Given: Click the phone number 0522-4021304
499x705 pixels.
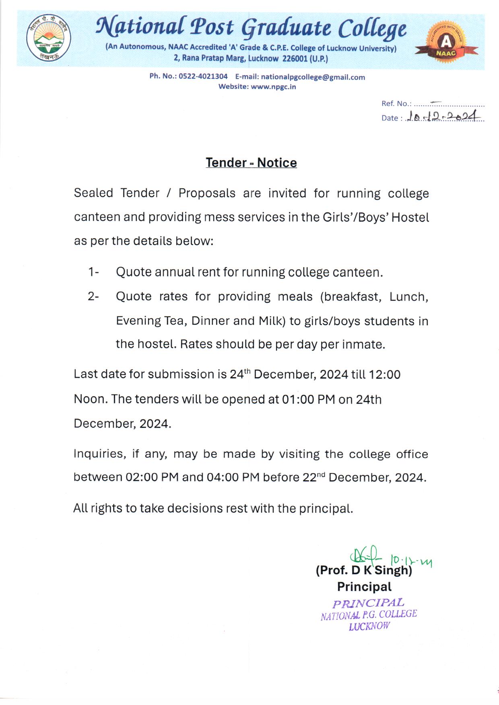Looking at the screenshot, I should (203, 76).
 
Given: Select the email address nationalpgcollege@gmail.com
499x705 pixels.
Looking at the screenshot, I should (313, 77).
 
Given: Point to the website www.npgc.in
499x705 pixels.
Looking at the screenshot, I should (273, 86).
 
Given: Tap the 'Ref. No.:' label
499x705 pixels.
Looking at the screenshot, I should (396, 103).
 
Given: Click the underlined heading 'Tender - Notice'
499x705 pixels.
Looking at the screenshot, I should (251, 162).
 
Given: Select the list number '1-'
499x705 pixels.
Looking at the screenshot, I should (93, 272).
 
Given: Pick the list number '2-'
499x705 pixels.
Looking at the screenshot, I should (93, 296).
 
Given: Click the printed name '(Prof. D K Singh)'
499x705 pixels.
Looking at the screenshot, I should (364, 570).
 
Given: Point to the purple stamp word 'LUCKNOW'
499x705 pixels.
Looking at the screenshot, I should (369, 626).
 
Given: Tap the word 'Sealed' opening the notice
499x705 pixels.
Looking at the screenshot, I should (93, 193).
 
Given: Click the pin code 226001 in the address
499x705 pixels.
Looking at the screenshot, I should (295, 58).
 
